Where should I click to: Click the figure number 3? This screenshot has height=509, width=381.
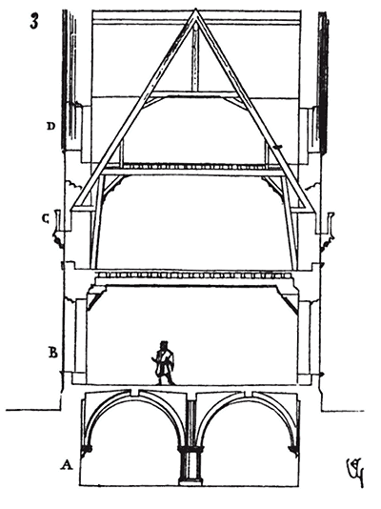[34, 22]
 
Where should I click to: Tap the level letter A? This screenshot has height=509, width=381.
[67, 465]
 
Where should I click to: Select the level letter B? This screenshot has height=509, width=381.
[53, 353]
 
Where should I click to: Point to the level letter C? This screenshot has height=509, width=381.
[46, 219]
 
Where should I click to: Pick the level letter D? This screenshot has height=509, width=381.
[50, 126]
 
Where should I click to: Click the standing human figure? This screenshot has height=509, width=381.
[164, 363]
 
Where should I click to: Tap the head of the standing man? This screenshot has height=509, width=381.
[164, 344]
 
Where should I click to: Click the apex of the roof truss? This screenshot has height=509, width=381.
[195, 10]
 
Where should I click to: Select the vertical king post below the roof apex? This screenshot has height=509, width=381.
[194, 58]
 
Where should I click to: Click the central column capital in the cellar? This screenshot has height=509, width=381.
[190, 450]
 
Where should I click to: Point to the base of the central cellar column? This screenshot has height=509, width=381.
[190, 481]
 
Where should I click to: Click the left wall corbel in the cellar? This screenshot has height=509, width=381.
[87, 451]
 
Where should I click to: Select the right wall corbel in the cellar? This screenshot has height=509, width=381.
[293, 451]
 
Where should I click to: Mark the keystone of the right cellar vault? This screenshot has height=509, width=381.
[249, 393]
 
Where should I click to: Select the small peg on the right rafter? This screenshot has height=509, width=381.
[277, 148]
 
